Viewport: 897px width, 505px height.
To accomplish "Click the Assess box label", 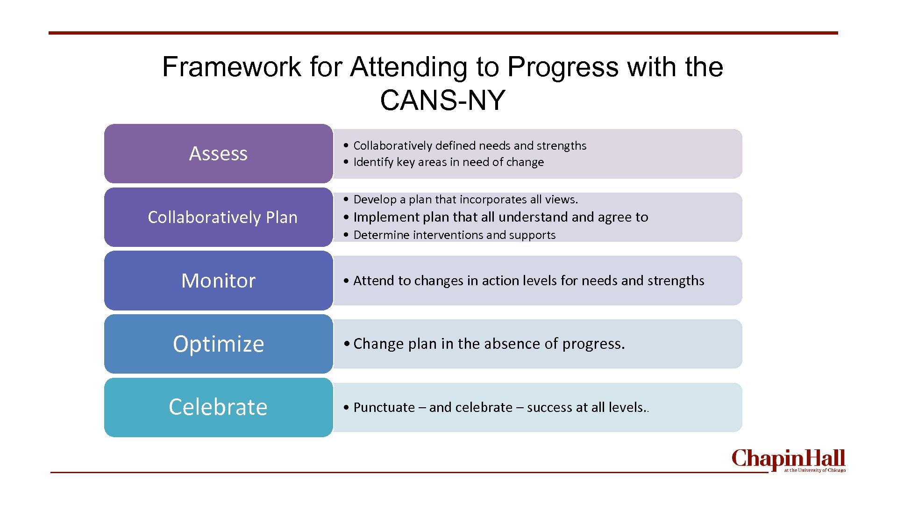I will pyautogui.click(x=218, y=153).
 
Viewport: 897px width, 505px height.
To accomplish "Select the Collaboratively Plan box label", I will pyautogui.click(x=222, y=217).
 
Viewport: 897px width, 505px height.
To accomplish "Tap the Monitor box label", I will pyautogui.click(x=218, y=281).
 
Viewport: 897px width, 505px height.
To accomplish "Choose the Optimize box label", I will pyautogui.click(x=218, y=344).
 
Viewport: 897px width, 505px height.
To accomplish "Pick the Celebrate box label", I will pyautogui.click(x=218, y=407).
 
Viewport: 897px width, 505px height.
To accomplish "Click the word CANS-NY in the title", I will pyautogui.click(x=442, y=100).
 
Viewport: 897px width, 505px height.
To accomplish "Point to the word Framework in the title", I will pyautogui.click(x=232, y=66).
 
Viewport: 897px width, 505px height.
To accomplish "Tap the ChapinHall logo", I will pyautogui.click(x=788, y=459).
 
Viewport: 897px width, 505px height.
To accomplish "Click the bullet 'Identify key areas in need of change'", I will pyautogui.click(x=448, y=162).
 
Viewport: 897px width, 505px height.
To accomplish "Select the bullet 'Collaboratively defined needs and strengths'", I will pyautogui.click(x=470, y=145).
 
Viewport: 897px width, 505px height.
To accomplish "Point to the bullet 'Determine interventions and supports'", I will pyautogui.click(x=454, y=235).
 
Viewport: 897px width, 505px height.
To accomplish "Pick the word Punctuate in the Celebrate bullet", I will pyautogui.click(x=384, y=407).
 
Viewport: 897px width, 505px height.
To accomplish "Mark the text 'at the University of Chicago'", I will pyautogui.click(x=815, y=470).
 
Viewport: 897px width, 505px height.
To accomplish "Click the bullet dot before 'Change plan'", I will pyautogui.click(x=346, y=344).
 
